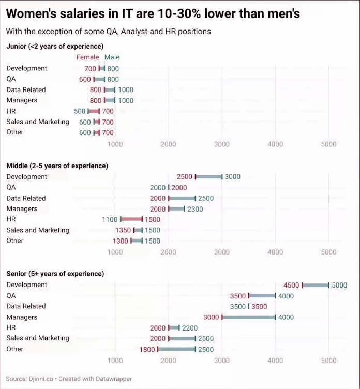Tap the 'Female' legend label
87,57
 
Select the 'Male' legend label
112,57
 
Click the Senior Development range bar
315,285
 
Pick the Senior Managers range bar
248,317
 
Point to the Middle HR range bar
131,219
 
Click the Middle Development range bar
208,177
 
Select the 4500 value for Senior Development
291,285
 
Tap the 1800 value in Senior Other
147,349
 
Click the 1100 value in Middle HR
110,219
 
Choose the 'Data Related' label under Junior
26,89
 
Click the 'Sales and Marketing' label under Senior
38,338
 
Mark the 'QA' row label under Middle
11,187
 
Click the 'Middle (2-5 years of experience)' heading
57,166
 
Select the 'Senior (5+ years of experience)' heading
55,274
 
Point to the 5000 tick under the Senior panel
328,361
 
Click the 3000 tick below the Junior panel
222,144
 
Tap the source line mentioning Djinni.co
69,379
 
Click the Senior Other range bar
176,349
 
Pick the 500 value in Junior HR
80,111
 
